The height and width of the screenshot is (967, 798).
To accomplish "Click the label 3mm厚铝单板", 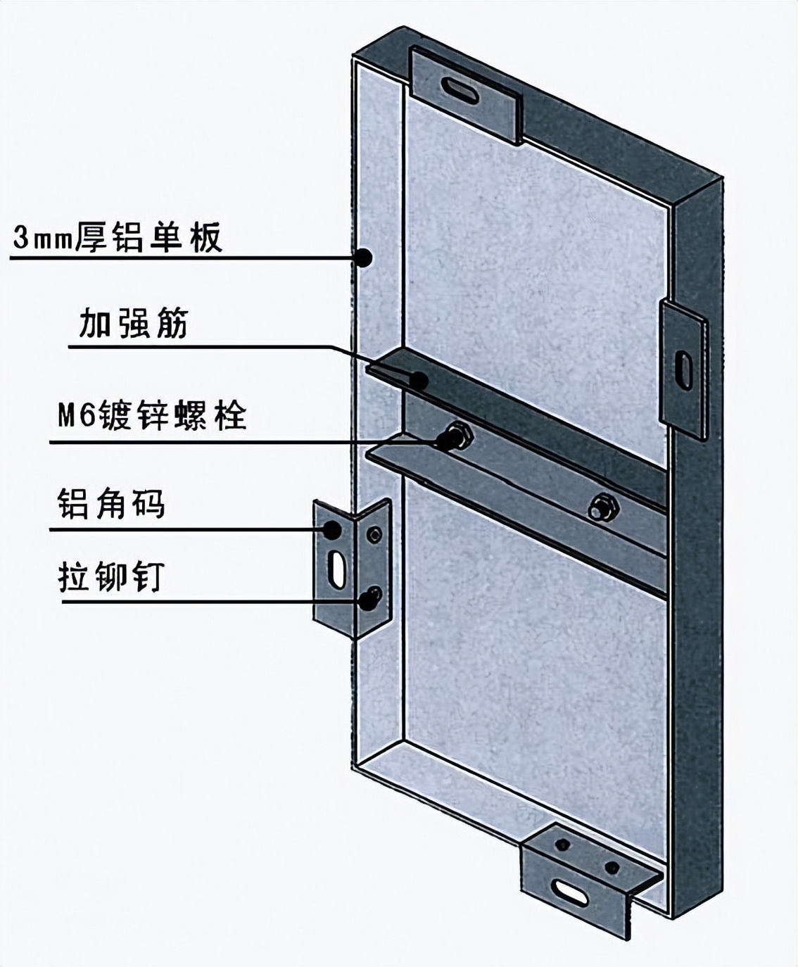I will (118, 237).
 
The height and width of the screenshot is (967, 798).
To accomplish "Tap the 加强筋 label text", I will (134, 324).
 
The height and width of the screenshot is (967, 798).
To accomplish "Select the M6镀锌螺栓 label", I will (152, 415).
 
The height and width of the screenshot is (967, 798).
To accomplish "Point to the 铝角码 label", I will (111, 504).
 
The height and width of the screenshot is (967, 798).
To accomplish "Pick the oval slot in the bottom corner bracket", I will (571, 890).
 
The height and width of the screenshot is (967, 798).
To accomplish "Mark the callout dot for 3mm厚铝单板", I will (364, 257).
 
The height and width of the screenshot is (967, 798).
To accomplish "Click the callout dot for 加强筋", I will (419, 381).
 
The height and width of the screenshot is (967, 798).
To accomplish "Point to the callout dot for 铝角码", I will (331, 529).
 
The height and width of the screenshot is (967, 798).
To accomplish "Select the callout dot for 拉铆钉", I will (368, 600).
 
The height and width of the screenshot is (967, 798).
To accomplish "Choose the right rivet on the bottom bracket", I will (612, 867).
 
